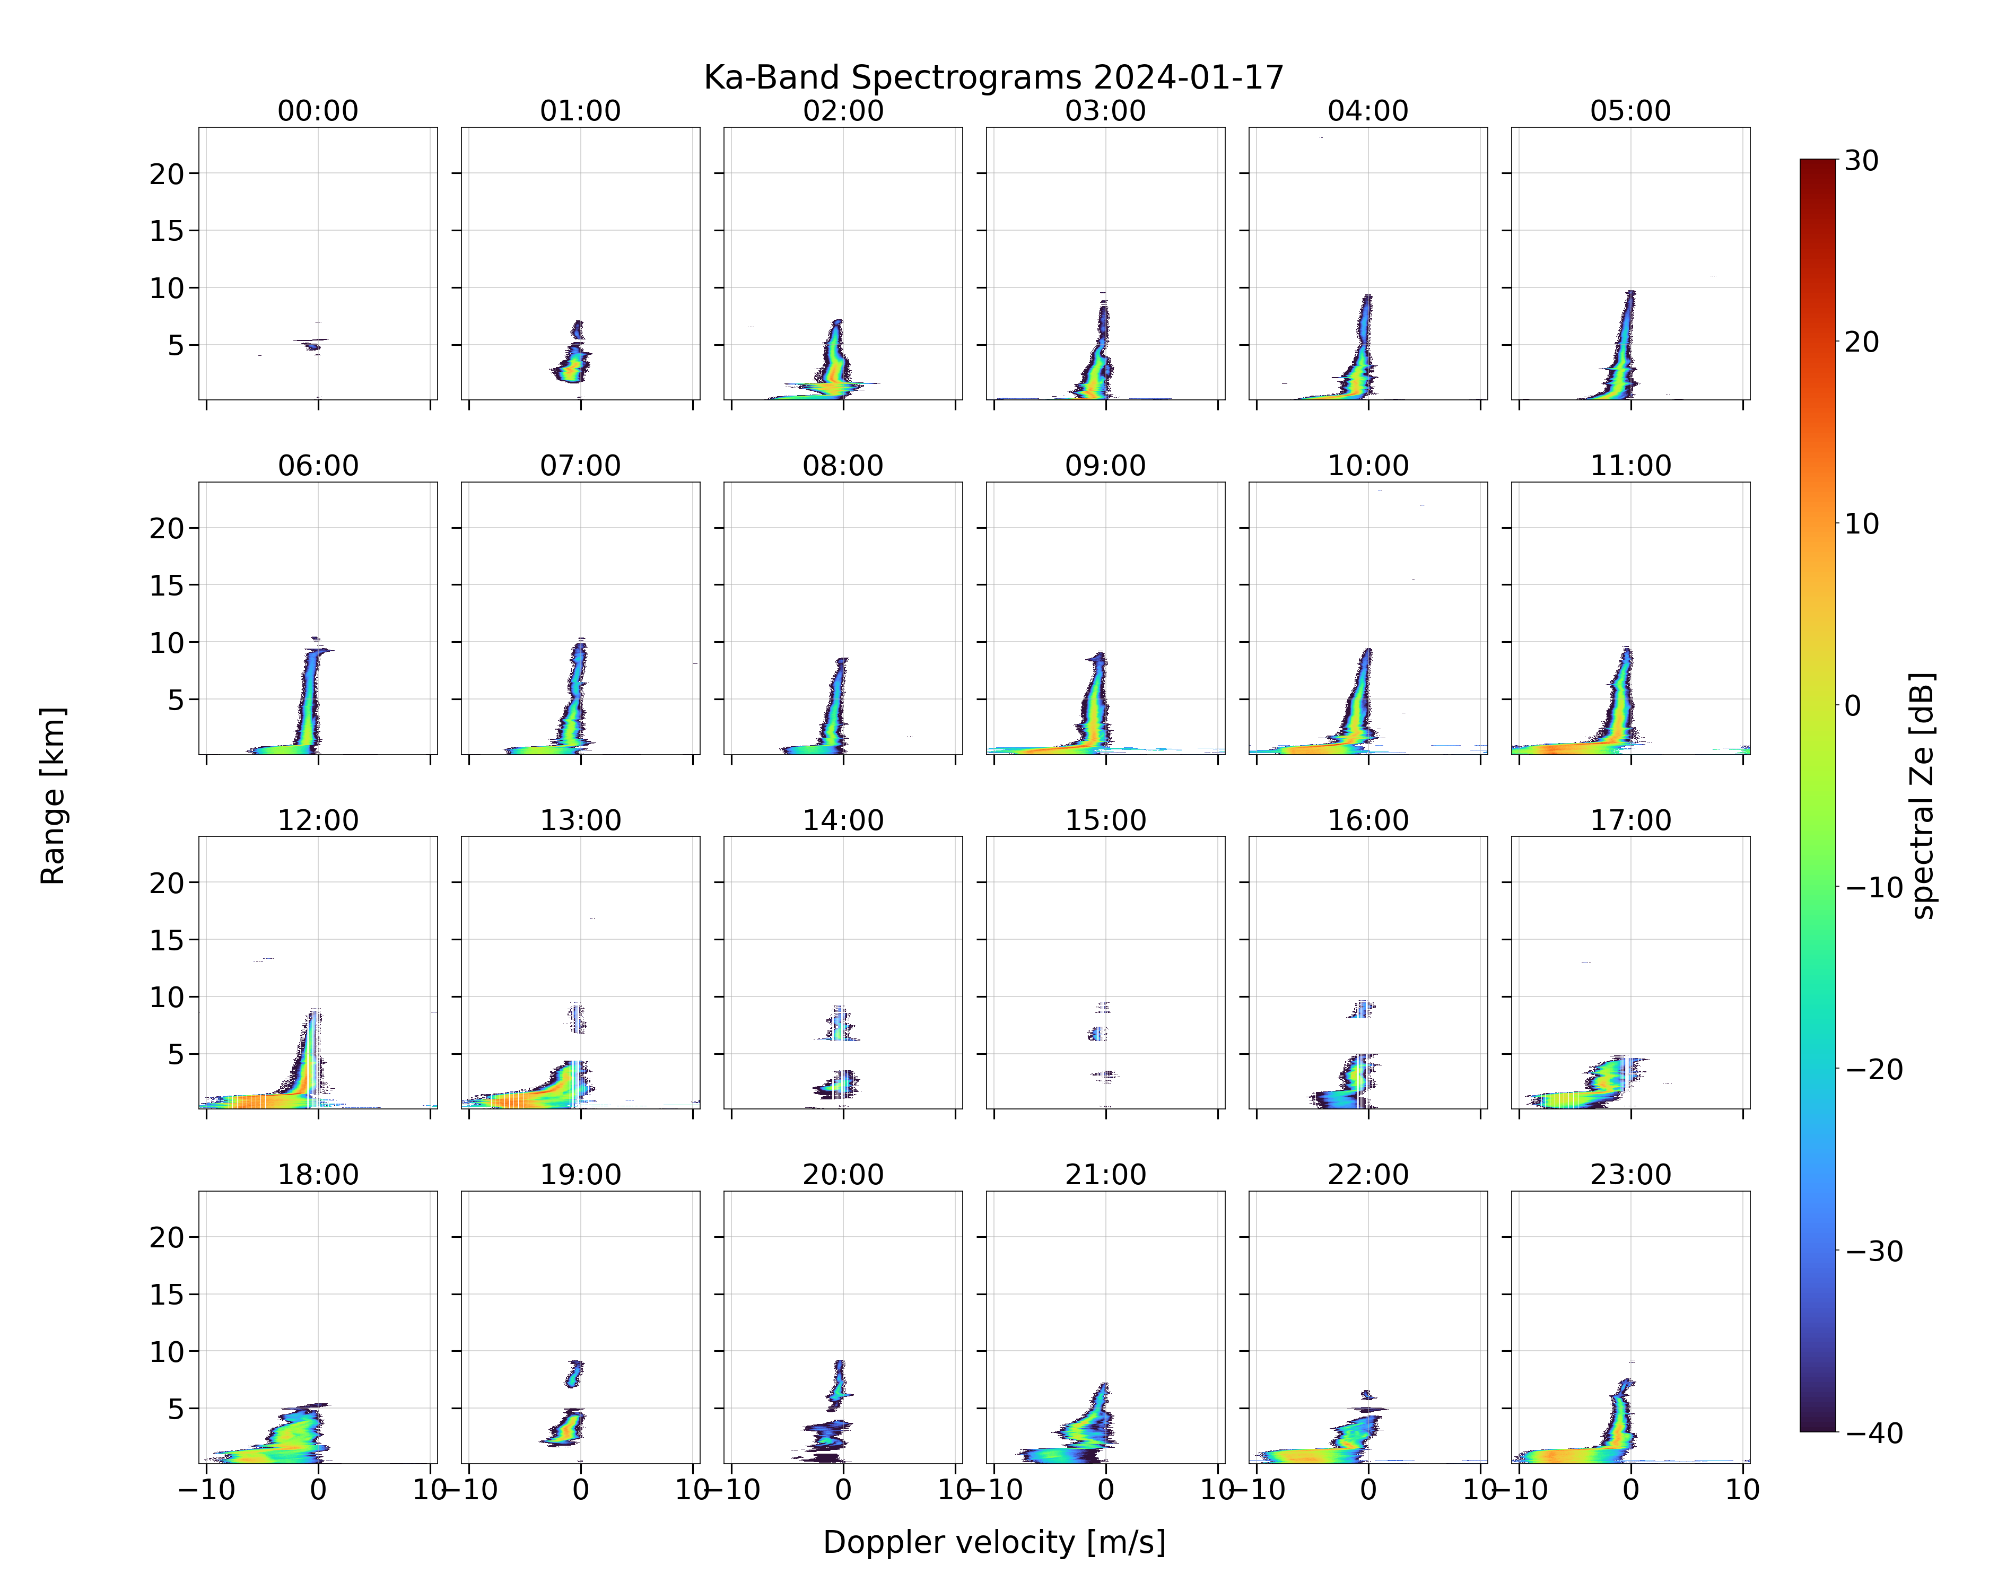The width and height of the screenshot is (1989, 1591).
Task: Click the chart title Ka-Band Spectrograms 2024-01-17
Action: (993, 77)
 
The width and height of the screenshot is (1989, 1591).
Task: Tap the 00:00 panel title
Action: (318, 111)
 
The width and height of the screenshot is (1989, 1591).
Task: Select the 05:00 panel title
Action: (1630, 111)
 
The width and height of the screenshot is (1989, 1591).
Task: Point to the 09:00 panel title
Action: (1105, 466)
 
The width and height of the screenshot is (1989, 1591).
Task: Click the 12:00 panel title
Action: (318, 820)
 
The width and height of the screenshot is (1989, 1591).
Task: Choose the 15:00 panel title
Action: (1105, 820)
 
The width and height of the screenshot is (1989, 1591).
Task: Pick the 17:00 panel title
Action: (1630, 820)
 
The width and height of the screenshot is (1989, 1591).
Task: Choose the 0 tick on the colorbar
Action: (1853, 705)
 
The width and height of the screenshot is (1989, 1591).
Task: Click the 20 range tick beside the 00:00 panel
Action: (167, 173)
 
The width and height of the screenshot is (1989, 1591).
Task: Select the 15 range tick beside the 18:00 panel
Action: (167, 1294)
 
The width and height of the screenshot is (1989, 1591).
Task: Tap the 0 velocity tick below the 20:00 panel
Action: (843, 1490)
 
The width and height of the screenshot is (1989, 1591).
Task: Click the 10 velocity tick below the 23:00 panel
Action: (1743, 1490)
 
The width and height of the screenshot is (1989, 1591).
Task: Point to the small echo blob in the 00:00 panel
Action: (313, 346)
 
